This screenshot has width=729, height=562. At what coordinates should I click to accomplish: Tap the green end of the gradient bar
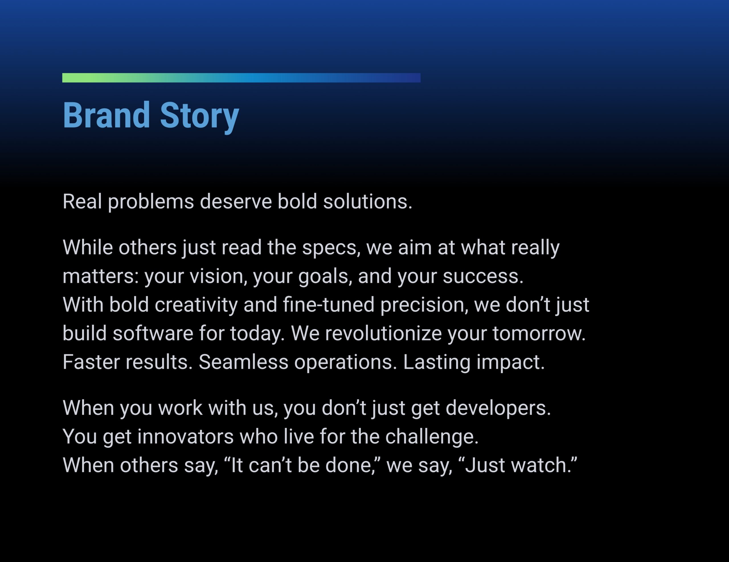click(72, 78)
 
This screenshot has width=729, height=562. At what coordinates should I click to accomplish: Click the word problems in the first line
click(151, 202)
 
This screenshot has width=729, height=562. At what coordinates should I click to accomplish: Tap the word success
click(483, 277)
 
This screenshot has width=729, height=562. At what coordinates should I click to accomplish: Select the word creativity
click(196, 305)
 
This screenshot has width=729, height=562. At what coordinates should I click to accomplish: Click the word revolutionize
click(383, 334)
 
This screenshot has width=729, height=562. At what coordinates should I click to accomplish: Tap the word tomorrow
click(538, 334)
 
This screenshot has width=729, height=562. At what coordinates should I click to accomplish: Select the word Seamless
click(243, 362)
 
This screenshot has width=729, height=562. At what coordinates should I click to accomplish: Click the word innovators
click(185, 437)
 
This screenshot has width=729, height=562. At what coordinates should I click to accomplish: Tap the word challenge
click(432, 437)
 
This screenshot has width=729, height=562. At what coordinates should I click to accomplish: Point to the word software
click(153, 334)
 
